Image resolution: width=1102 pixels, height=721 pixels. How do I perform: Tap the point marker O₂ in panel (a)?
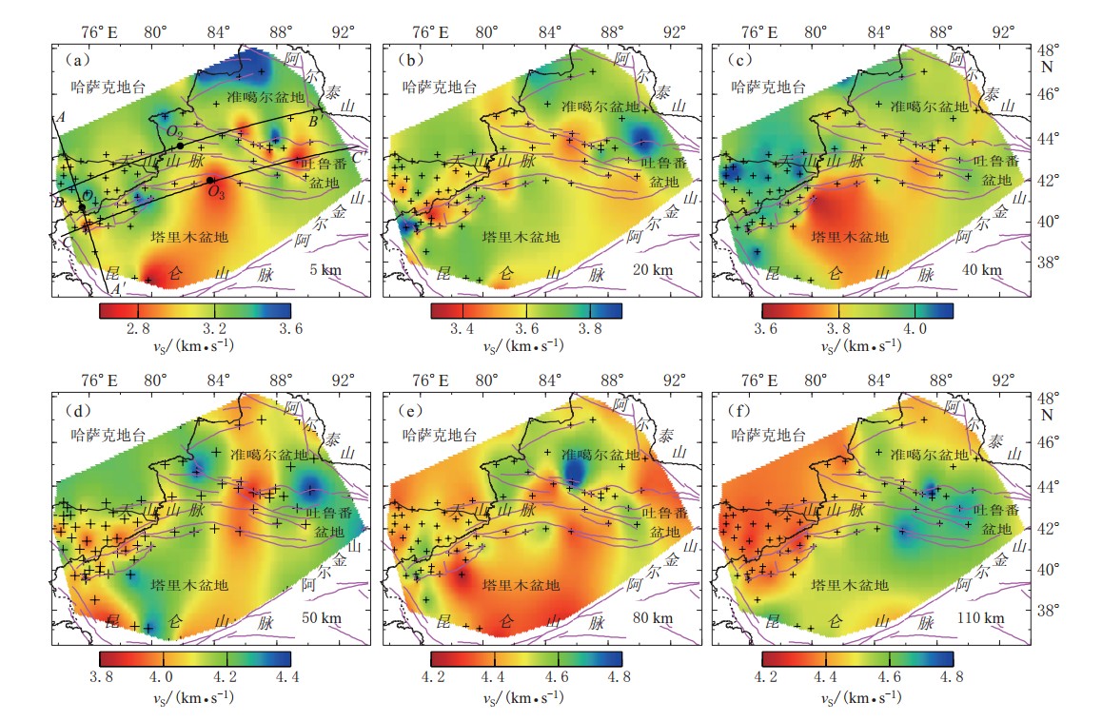tap(180, 146)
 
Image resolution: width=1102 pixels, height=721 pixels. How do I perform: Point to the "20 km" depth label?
tap(652, 270)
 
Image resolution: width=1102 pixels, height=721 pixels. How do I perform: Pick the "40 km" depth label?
tap(983, 270)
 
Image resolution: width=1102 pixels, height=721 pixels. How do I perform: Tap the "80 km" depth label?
tap(652, 618)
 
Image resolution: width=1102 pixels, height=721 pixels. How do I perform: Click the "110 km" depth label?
tap(979, 618)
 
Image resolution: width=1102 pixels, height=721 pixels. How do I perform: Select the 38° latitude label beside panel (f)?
tap(1046, 610)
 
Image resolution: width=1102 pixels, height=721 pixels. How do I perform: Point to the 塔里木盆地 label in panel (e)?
tap(520, 585)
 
